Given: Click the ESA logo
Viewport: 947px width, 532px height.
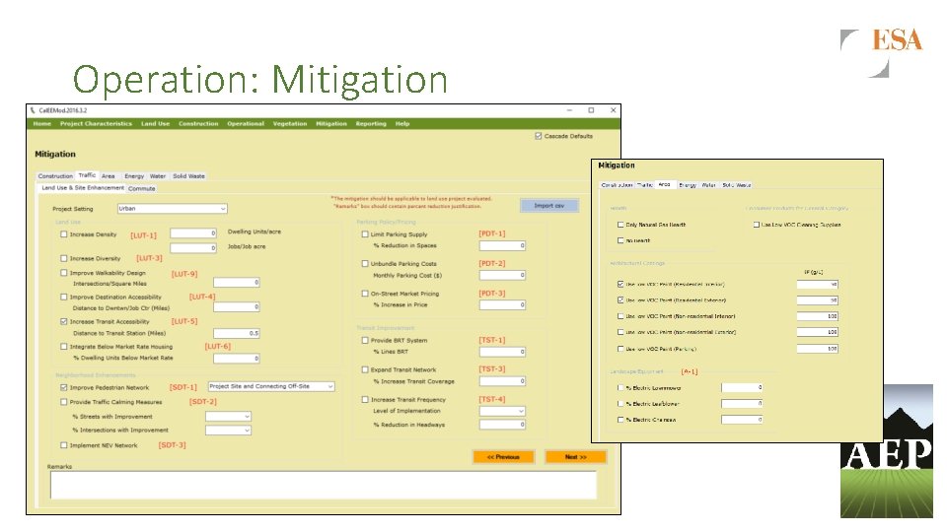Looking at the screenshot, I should click(x=896, y=40).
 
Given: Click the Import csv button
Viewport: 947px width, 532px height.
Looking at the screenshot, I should click(x=549, y=206).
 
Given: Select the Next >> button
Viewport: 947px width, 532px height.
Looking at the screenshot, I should click(x=575, y=457).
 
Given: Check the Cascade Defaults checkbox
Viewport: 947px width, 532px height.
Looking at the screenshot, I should click(x=538, y=136).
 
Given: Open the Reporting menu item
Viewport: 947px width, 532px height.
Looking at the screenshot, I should click(x=371, y=124).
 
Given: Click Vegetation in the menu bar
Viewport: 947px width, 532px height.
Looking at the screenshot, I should click(x=290, y=124).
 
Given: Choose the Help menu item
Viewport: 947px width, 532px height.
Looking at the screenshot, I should click(x=402, y=124).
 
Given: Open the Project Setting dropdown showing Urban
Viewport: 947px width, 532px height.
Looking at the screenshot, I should click(x=172, y=209).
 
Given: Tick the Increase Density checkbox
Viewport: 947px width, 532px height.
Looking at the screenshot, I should click(x=64, y=234).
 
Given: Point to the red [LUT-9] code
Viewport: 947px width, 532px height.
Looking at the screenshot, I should click(x=184, y=274).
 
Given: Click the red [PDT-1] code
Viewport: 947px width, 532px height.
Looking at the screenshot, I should click(x=492, y=233).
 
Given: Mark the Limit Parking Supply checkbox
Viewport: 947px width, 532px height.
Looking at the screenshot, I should click(x=364, y=234).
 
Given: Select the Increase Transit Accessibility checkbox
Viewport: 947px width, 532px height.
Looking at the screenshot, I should click(x=64, y=322).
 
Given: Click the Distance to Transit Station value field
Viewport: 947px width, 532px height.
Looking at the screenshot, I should click(x=237, y=333).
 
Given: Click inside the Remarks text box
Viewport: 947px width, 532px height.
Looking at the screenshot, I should click(x=323, y=485).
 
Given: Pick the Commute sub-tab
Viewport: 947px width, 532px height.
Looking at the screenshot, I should click(x=142, y=188).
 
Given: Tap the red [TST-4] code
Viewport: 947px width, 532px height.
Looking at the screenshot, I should click(x=492, y=399).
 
